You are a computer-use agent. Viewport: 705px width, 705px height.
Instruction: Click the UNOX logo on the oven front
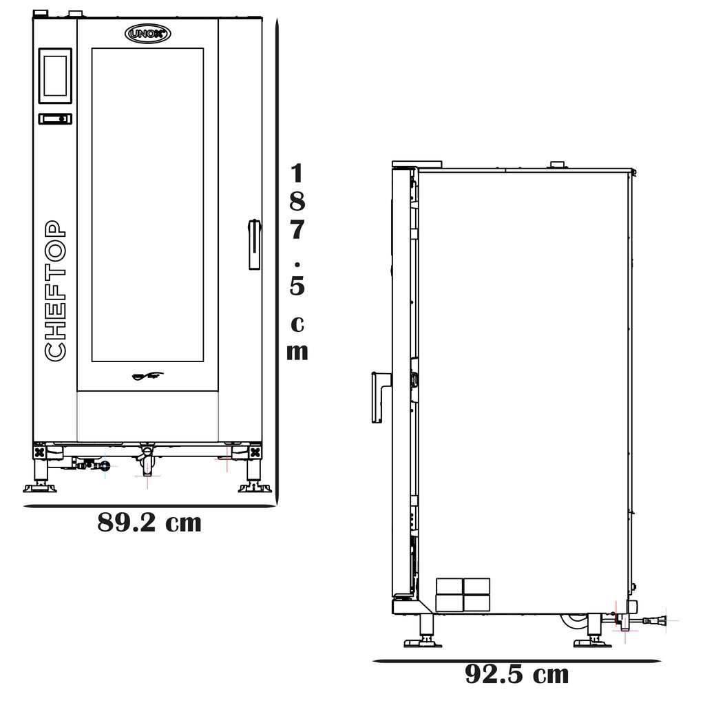coord(147,34)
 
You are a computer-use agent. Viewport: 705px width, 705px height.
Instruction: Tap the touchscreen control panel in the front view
coord(55,76)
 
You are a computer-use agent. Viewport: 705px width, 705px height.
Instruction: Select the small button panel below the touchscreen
coord(55,118)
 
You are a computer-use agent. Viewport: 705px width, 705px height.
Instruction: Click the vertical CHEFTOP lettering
coord(55,291)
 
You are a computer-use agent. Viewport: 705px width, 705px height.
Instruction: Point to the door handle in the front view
coord(255,244)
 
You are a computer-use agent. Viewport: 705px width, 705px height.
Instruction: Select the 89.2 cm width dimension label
coord(149,523)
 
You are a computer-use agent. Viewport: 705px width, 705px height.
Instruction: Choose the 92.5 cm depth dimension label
coord(516,674)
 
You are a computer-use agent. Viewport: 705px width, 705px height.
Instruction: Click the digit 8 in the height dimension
coord(297,202)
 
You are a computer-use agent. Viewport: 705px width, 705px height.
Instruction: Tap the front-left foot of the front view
coord(40,476)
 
